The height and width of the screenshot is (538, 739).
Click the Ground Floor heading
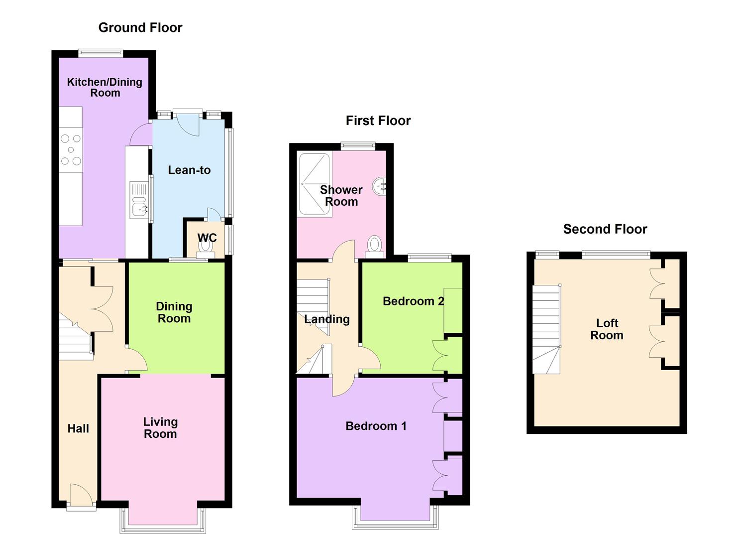coord(140,28)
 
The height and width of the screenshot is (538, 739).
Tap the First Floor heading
coord(378,121)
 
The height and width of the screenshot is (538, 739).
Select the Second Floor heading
coord(605,229)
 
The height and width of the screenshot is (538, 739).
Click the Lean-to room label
coord(189,170)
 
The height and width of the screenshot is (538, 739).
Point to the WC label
coord(207,238)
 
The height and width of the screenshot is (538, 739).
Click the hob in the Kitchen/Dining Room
coord(71,150)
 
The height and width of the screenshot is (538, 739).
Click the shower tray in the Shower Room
coord(315,185)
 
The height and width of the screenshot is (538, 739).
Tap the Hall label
coord(78,428)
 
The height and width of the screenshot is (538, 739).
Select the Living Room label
coord(160,428)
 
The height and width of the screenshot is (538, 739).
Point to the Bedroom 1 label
coord(376,426)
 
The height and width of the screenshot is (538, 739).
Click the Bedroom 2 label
coord(413,301)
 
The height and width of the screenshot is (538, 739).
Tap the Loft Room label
coord(607,329)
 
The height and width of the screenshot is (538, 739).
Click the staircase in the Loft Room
coord(546,329)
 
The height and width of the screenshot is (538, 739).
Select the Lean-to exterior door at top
coord(188,122)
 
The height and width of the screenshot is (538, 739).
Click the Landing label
coord(327,319)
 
